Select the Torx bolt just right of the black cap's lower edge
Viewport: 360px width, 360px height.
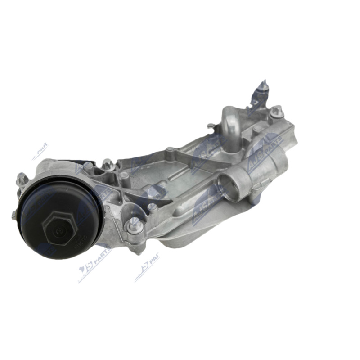135,225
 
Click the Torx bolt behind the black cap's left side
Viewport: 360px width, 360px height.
21,180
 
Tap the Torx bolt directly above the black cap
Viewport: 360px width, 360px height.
108,164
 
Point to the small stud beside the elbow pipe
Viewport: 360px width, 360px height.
210,126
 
